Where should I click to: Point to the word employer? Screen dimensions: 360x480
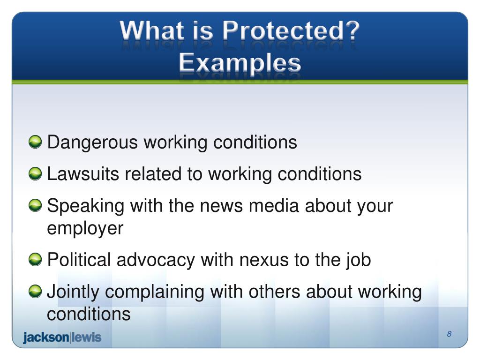pos(85,229)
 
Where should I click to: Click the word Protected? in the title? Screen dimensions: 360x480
pos(291,32)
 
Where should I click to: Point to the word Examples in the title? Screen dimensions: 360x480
pos(240,62)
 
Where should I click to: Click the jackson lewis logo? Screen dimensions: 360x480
pos(62,337)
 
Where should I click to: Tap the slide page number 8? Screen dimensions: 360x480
pos(449,334)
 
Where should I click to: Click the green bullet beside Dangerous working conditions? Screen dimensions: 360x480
pos(35,142)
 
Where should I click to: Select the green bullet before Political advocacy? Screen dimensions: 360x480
pos(35,260)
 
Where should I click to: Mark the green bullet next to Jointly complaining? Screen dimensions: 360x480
pos(35,292)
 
